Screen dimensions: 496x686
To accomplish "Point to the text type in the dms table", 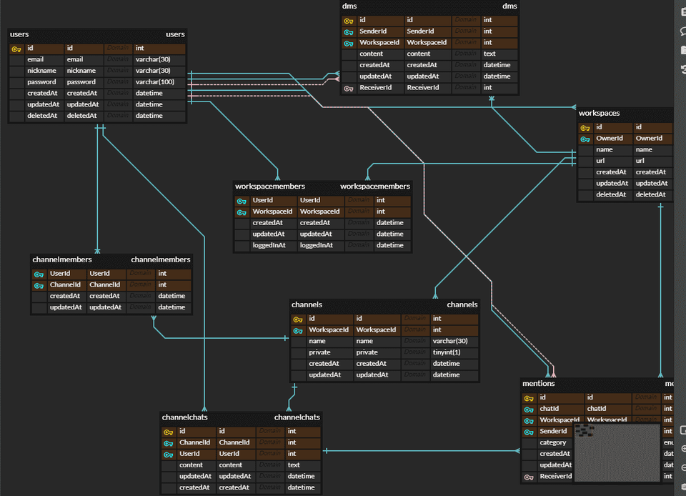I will coord(489,54).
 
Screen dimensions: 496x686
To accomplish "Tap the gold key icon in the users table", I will coord(17,49).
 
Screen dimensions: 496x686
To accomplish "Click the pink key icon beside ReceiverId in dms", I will coord(349,88).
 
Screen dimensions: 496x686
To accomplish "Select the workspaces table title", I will coord(599,113).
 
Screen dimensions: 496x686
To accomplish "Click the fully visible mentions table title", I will coord(538,384).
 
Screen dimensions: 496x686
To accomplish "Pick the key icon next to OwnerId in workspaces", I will coord(586,139).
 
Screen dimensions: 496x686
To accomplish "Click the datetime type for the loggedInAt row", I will coord(389,245).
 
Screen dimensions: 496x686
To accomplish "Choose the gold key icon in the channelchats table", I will coord(169,432).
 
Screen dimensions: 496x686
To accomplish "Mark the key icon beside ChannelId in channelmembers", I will coord(39,285).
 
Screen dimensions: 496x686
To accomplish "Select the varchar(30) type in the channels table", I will coord(449,341).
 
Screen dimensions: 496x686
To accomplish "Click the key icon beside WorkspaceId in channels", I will coord(298,330).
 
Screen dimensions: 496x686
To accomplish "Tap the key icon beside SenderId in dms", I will coord(349,31).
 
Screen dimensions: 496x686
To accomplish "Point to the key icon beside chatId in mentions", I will coord(529,409).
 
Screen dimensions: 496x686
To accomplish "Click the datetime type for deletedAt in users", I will coord(149,116).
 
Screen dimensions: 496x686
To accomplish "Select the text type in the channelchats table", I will coord(293,465).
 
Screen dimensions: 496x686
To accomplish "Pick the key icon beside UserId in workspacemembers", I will coord(242,201).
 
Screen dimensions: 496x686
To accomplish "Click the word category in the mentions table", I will coord(553,442).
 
